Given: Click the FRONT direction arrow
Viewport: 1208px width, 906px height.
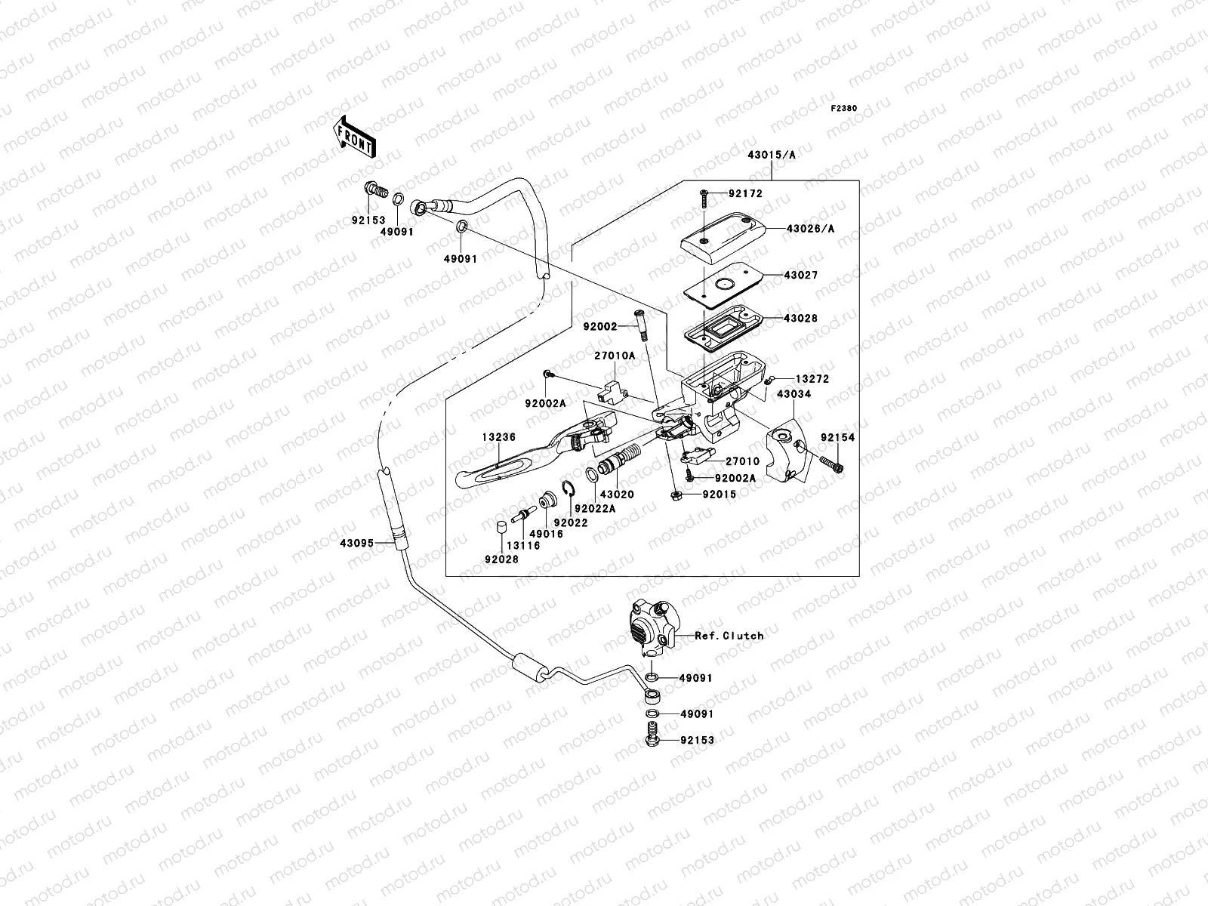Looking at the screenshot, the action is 354,137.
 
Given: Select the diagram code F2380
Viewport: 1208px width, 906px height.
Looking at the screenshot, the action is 843,109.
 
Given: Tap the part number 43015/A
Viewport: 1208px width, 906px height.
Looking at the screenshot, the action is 771,155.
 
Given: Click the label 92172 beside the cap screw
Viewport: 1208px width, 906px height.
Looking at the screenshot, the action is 745,193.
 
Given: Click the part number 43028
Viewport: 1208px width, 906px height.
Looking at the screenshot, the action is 800,318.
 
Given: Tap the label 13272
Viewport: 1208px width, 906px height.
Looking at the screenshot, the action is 812,379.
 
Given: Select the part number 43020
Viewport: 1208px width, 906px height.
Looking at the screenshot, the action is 617,495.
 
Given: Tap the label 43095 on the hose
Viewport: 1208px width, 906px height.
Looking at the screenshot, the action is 356,543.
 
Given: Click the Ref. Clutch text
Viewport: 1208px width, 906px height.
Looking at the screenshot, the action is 729,636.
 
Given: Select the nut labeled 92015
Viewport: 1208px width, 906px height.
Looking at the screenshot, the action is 677,495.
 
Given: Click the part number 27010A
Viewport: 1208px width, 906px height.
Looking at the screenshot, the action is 614,356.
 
